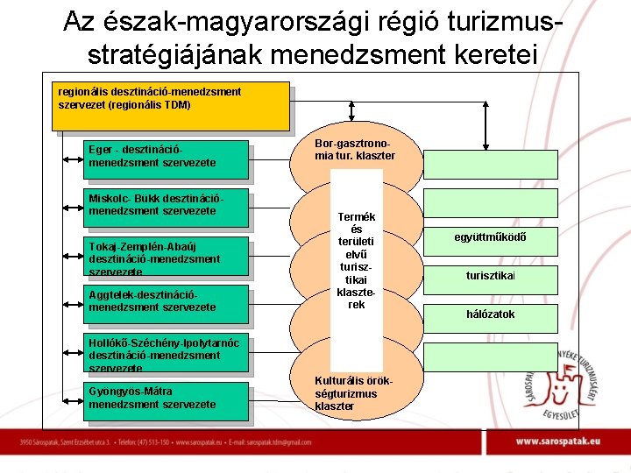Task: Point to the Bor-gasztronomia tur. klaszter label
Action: pos(355,149)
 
